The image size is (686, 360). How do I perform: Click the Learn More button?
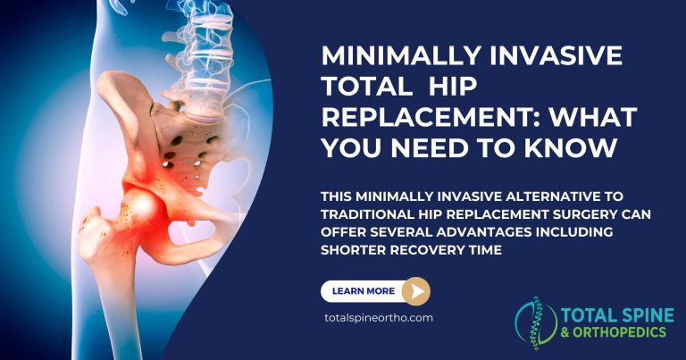(362, 290)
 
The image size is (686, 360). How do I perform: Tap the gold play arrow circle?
(415, 290)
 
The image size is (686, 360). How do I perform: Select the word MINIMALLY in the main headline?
(397, 56)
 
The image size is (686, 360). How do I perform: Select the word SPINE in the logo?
(634, 314)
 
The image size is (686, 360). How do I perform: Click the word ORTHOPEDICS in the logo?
(622, 332)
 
